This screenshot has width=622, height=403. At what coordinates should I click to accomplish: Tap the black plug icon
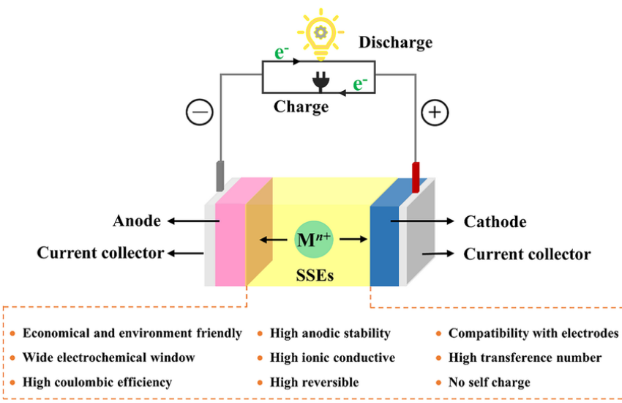pyautogui.click(x=319, y=83)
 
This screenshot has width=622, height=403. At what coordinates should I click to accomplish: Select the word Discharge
pyautogui.click(x=395, y=42)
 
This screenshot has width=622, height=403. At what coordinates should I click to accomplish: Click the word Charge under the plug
pyautogui.click(x=301, y=107)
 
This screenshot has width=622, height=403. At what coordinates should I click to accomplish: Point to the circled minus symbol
pyautogui.click(x=199, y=113)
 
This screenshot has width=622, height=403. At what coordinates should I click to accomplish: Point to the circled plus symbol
pyautogui.click(x=435, y=113)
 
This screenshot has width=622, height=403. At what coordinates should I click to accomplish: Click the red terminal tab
pyautogui.click(x=416, y=177)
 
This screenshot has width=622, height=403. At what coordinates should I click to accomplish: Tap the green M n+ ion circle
pyautogui.click(x=312, y=239)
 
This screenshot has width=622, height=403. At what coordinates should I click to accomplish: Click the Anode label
pyautogui.click(x=137, y=221)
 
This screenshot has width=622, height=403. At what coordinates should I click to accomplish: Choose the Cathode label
pyautogui.click(x=495, y=221)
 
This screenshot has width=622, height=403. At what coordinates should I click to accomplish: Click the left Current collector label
pyautogui.click(x=100, y=254)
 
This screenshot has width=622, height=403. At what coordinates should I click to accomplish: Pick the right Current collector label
pyautogui.click(x=527, y=254)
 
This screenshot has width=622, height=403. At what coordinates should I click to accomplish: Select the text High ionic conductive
pyautogui.click(x=332, y=358)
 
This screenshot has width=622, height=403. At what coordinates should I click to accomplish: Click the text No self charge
pyautogui.click(x=489, y=382)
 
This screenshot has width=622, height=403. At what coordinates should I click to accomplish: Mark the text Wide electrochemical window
pyautogui.click(x=109, y=358)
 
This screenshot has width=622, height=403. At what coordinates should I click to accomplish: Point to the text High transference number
pyautogui.click(x=525, y=358)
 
